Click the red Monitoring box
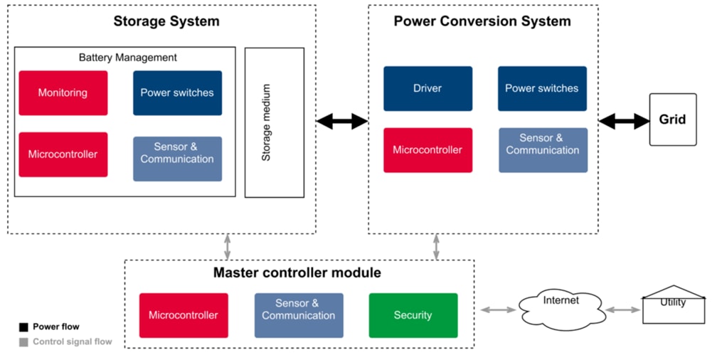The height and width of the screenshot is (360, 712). coord(63,92)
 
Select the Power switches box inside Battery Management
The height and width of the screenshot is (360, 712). coord(177,92)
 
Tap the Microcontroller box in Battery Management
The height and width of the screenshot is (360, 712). coord(63,154)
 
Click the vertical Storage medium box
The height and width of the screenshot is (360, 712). coord(274,122)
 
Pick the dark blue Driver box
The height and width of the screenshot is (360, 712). coord(427,89)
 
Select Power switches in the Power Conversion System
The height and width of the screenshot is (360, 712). coord(542,89)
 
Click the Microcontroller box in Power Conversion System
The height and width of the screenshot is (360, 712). coord(427,150)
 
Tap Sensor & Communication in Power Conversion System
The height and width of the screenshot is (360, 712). coord(543,150)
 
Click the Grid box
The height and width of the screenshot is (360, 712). coord(672,120)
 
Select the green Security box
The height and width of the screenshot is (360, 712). coord(413,315)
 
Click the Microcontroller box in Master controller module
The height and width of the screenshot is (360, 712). coord(184,315)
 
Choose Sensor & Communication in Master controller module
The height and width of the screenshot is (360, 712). coord(299,315)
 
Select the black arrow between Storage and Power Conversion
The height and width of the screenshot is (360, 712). coord(341,122)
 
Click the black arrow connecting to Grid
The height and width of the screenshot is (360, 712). coord(624,122)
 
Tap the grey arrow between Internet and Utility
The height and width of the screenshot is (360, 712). coord(622,309)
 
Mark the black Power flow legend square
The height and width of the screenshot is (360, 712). coord(23,327)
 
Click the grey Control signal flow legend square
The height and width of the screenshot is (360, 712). coord(23,342)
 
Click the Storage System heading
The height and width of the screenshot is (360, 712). coord(166,21)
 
